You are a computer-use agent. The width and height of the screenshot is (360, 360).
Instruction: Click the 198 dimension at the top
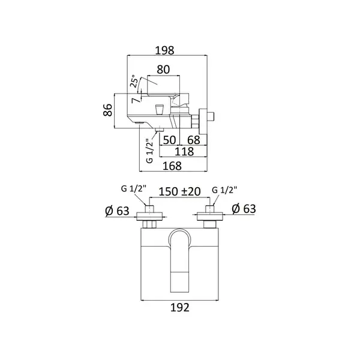click(164, 50)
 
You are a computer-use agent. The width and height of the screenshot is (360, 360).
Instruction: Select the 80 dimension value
click(163, 70)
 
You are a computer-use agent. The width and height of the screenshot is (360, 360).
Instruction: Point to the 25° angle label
click(134, 82)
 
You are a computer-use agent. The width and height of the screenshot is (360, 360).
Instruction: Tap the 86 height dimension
click(108, 110)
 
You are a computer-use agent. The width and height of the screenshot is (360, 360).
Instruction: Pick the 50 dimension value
click(169, 140)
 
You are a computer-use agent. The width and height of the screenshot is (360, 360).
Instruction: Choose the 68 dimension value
click(194, 140)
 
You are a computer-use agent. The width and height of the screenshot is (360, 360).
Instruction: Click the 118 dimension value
click(184, 152)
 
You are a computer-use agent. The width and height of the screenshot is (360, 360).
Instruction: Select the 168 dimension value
click(172, 166)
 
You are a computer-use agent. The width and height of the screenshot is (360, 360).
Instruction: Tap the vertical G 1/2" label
click(149, 151)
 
